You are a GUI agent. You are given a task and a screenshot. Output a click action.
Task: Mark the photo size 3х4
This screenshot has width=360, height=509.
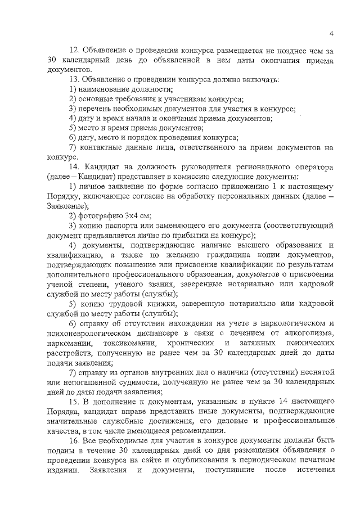131,215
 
